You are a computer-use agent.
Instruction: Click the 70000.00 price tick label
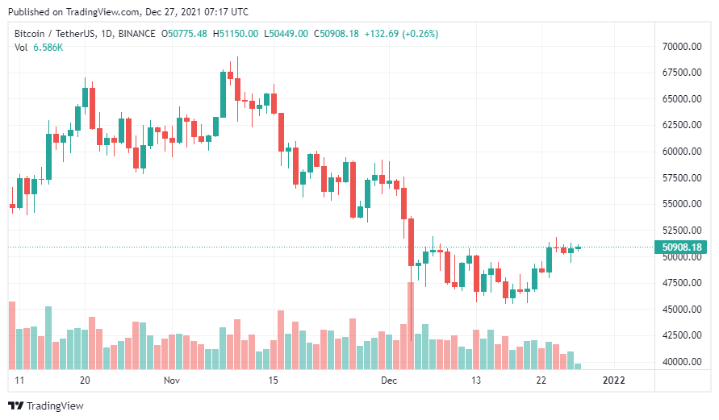[679, 47]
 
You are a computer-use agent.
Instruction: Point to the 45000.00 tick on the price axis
[679, 310]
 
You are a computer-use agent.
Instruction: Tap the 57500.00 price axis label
[679, 178]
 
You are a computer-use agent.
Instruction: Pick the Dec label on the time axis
[388, 380]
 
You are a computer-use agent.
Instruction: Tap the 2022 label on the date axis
[614, 380]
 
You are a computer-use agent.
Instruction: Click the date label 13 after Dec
[477, 380]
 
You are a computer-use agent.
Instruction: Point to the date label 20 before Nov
[85, 380]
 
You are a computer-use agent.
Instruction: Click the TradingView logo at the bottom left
[46, 405]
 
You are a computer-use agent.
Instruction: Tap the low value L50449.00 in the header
[288, 34]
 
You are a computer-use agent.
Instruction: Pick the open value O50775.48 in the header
[185, 34]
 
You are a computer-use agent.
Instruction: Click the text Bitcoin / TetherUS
[52, 34]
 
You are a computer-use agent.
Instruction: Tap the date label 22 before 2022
[542, 380]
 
